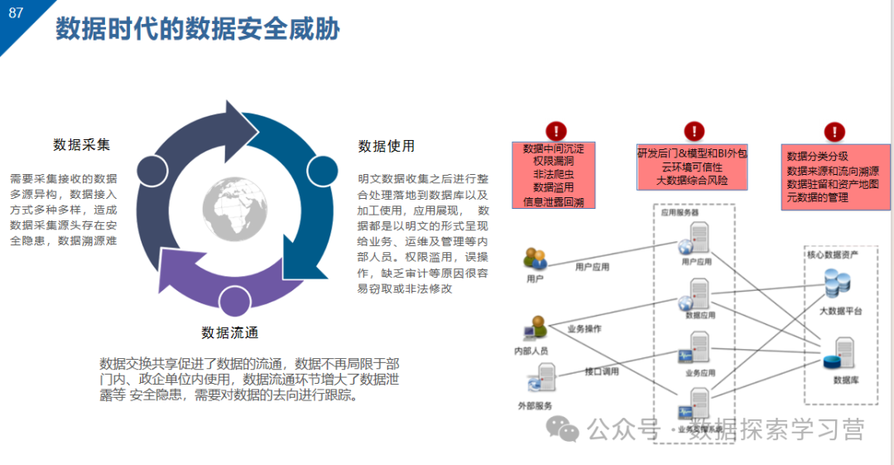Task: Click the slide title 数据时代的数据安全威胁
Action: (198, 30)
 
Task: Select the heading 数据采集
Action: (81, 145)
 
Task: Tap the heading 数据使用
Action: (387, 147)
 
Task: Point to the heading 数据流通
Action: (229, 333)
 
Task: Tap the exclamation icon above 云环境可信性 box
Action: (694, 130)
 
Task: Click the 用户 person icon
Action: (535, 259)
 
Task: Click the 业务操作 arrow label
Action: (584, 329)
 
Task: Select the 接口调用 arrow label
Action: (602, 372)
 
